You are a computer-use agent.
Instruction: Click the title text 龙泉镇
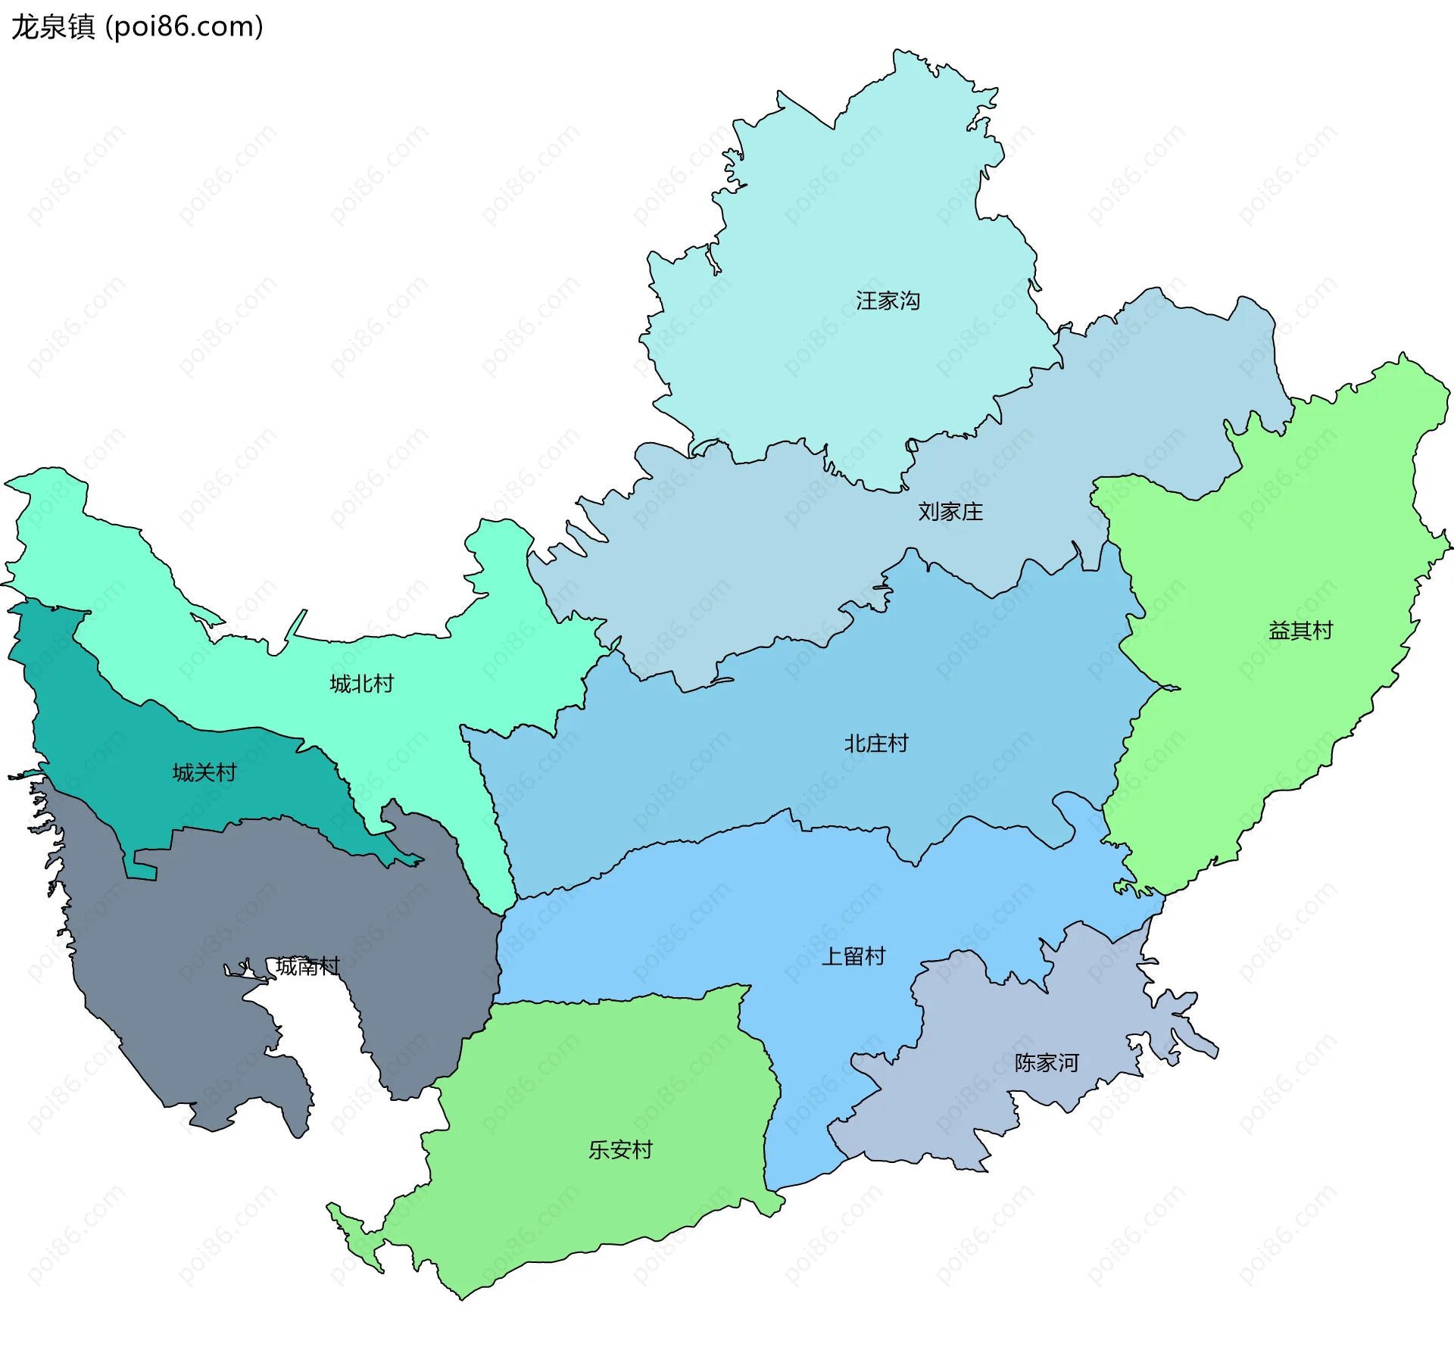pos(53,27)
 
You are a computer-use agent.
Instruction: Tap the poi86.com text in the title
pos(184,27)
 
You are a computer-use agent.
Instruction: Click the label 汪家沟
pos(888,301)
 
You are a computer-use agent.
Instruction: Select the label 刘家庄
pos(950,512)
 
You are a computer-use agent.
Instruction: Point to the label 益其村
pos(1300,631)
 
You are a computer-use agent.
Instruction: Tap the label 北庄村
pos(876,744)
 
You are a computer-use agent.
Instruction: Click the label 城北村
pos(362,684)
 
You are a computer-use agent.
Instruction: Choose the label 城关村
pos(204,772)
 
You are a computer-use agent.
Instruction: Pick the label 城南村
pos(307,966)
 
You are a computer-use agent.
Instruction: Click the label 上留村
pos(853,956)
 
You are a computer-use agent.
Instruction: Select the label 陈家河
pos(1047,1063)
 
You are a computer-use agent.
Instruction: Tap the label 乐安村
pos(620,1150)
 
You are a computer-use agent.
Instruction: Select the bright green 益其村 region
pos(1325,530)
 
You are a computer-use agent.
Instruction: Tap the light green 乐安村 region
pos(606,1075)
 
